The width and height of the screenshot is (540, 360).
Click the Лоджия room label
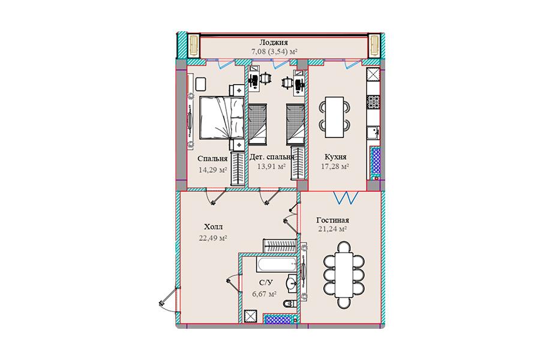(x=274, y=43)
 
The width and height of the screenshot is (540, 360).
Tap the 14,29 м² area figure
(x=212, y=169)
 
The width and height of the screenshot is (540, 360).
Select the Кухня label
(x=335, y=157)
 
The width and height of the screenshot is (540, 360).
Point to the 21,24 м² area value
(x=332, y=229)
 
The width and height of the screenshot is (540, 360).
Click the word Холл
(x=213, y=227)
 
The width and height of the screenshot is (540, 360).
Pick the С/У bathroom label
(x=266, y=283)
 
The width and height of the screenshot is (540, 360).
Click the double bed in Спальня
(x=222, y=118)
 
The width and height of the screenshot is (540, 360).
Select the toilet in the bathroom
(x=290, y=304)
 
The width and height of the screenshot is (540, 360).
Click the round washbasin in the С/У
(x=292, y=283)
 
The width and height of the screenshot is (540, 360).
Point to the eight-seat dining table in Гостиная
(x=339, y=274)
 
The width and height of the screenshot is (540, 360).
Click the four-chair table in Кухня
(x=334, y=118)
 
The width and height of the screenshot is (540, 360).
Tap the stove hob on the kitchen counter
(x=373, y=102)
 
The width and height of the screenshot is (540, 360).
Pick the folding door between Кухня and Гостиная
(x=346, y=198)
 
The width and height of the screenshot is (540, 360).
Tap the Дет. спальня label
(x=272, y=157)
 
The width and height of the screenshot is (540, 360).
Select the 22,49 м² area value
(x=212, y=238)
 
